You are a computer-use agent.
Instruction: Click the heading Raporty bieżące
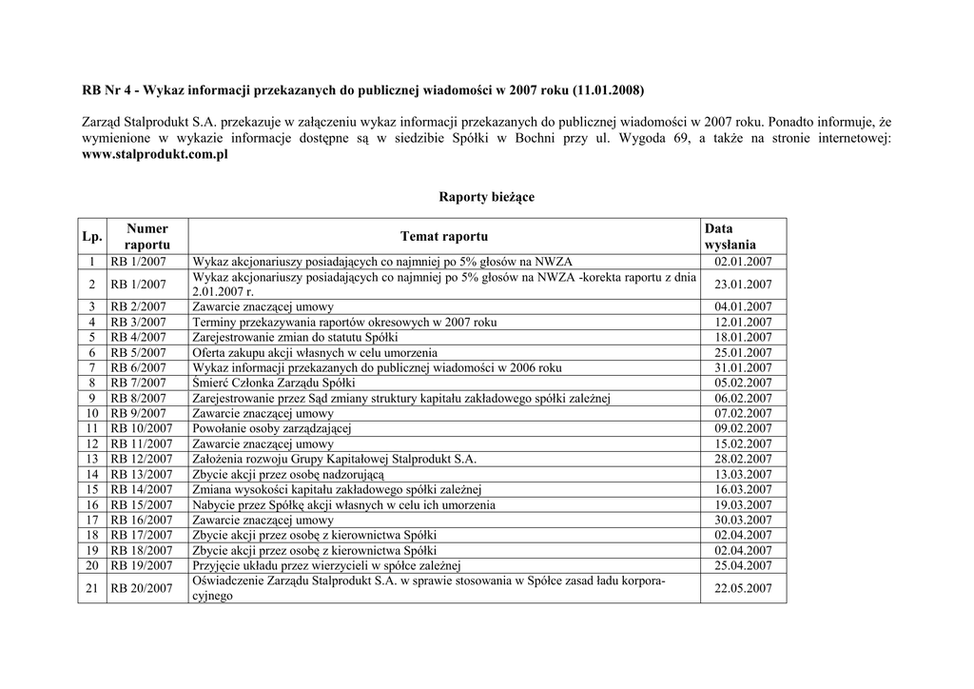click(x=486, y=197)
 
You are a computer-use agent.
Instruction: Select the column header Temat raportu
click(x=443, y=236)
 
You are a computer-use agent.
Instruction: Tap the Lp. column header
click(x=91, y=236)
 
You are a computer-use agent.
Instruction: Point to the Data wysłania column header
click(x=730, y=236)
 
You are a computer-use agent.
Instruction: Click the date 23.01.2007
click(x=743, y=285)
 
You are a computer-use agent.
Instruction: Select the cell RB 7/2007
click(x=139, y=383)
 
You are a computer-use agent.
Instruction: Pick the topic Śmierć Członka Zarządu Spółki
click(x=273, y=383)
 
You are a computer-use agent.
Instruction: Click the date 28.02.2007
click(x=743, y=459)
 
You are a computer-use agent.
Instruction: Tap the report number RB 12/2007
click(x=142, y=459)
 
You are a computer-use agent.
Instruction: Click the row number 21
click(x=91, y=588)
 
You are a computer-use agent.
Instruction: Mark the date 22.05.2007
click(x=743, y=588)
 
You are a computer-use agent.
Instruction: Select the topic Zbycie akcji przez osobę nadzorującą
click(x=287, y=474)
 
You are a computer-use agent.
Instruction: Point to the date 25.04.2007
click(x=743, y=565)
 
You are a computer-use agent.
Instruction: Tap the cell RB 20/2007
click(x=142, y=588)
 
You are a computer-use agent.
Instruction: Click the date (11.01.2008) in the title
click(x=609, y=90)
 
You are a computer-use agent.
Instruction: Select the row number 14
click(x=91, y=474)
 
